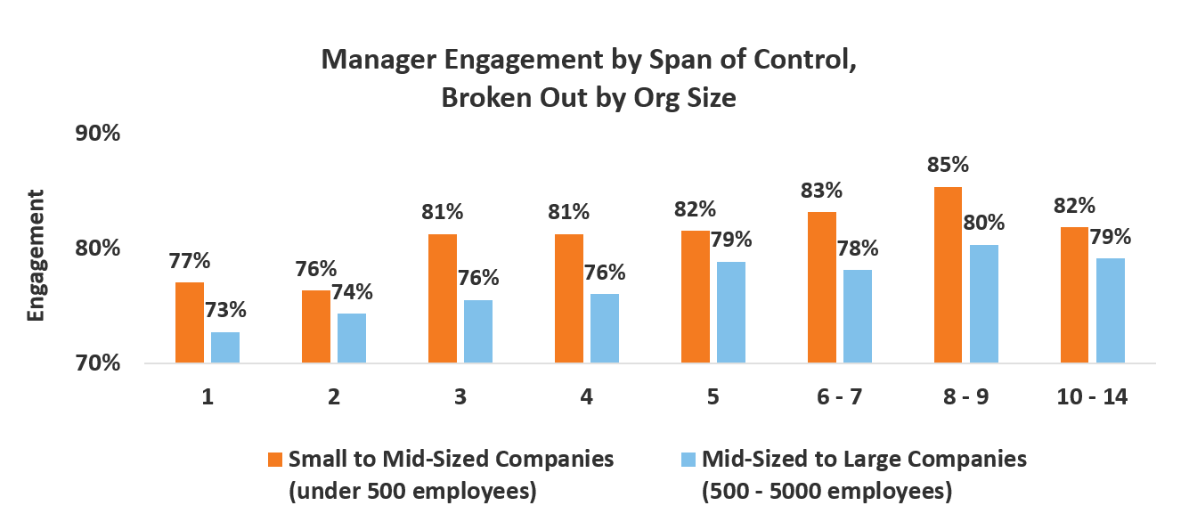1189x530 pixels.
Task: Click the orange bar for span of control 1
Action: [190, 322]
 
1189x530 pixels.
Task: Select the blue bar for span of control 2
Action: [351, 338]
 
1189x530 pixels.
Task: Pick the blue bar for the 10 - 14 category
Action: [1111, 310]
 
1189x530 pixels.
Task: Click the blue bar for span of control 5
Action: [731, 312]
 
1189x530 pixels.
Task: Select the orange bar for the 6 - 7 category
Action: [822, 287]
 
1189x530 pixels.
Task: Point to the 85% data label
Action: [948, 166]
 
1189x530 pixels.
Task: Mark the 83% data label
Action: [821, 190]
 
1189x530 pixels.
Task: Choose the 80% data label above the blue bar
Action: [983, 222]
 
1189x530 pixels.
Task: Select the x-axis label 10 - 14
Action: [1093, 397]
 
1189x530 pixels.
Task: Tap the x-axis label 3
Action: [460, 397]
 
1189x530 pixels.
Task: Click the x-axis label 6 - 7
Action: [839, 397]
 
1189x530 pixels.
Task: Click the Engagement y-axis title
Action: [36, 255]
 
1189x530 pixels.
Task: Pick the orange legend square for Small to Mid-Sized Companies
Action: [276, 460]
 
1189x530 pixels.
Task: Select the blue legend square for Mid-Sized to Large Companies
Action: [688, 460]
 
